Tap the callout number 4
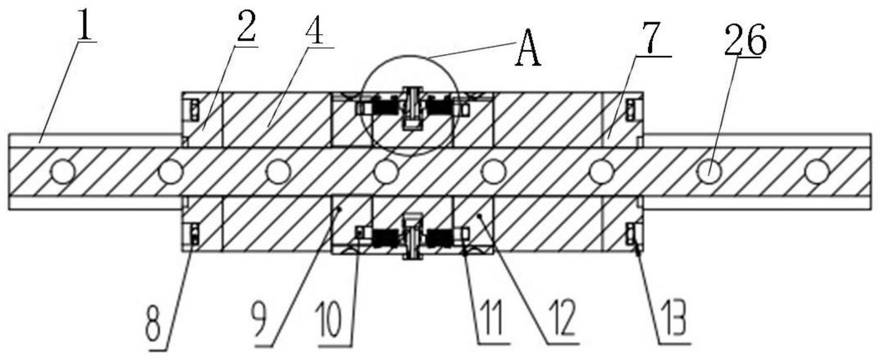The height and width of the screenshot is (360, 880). [x=314, y=29]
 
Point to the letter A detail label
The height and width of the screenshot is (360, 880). [x=528, y=51]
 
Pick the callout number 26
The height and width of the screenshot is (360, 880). [x=745, y=40]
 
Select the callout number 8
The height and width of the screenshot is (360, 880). [x=153, y=325]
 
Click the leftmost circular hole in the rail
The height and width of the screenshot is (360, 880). [x=63, y=171]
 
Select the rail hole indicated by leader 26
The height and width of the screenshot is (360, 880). [x=709, y=171]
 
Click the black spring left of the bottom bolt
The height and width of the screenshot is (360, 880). [x=385, y=237]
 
